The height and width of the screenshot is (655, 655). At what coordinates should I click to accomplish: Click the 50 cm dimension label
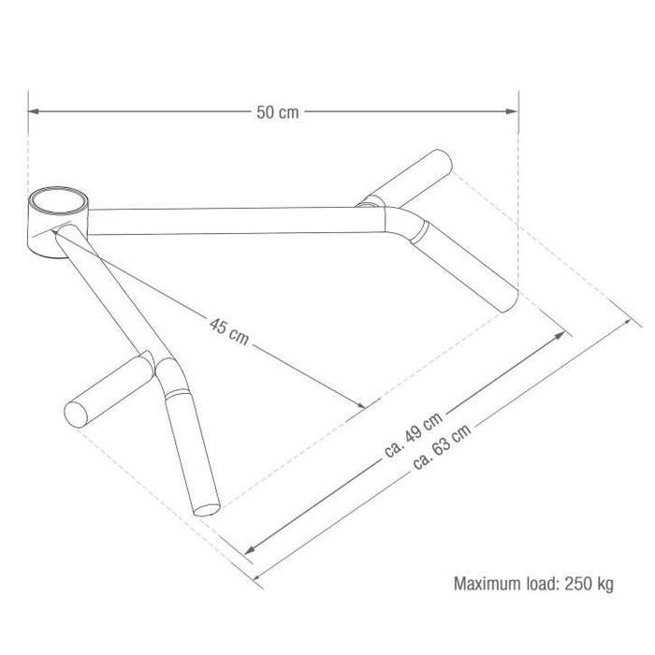[277, 112]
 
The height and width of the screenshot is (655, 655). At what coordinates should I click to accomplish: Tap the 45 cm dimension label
[229, 333]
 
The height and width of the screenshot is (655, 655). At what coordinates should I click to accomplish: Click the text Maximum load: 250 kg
[533, 585]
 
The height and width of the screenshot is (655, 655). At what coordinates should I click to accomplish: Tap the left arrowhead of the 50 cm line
[33, 112]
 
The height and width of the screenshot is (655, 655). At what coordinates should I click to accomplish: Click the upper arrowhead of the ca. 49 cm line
[564, 332]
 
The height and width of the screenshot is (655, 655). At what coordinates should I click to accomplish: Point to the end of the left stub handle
[74, 413]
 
